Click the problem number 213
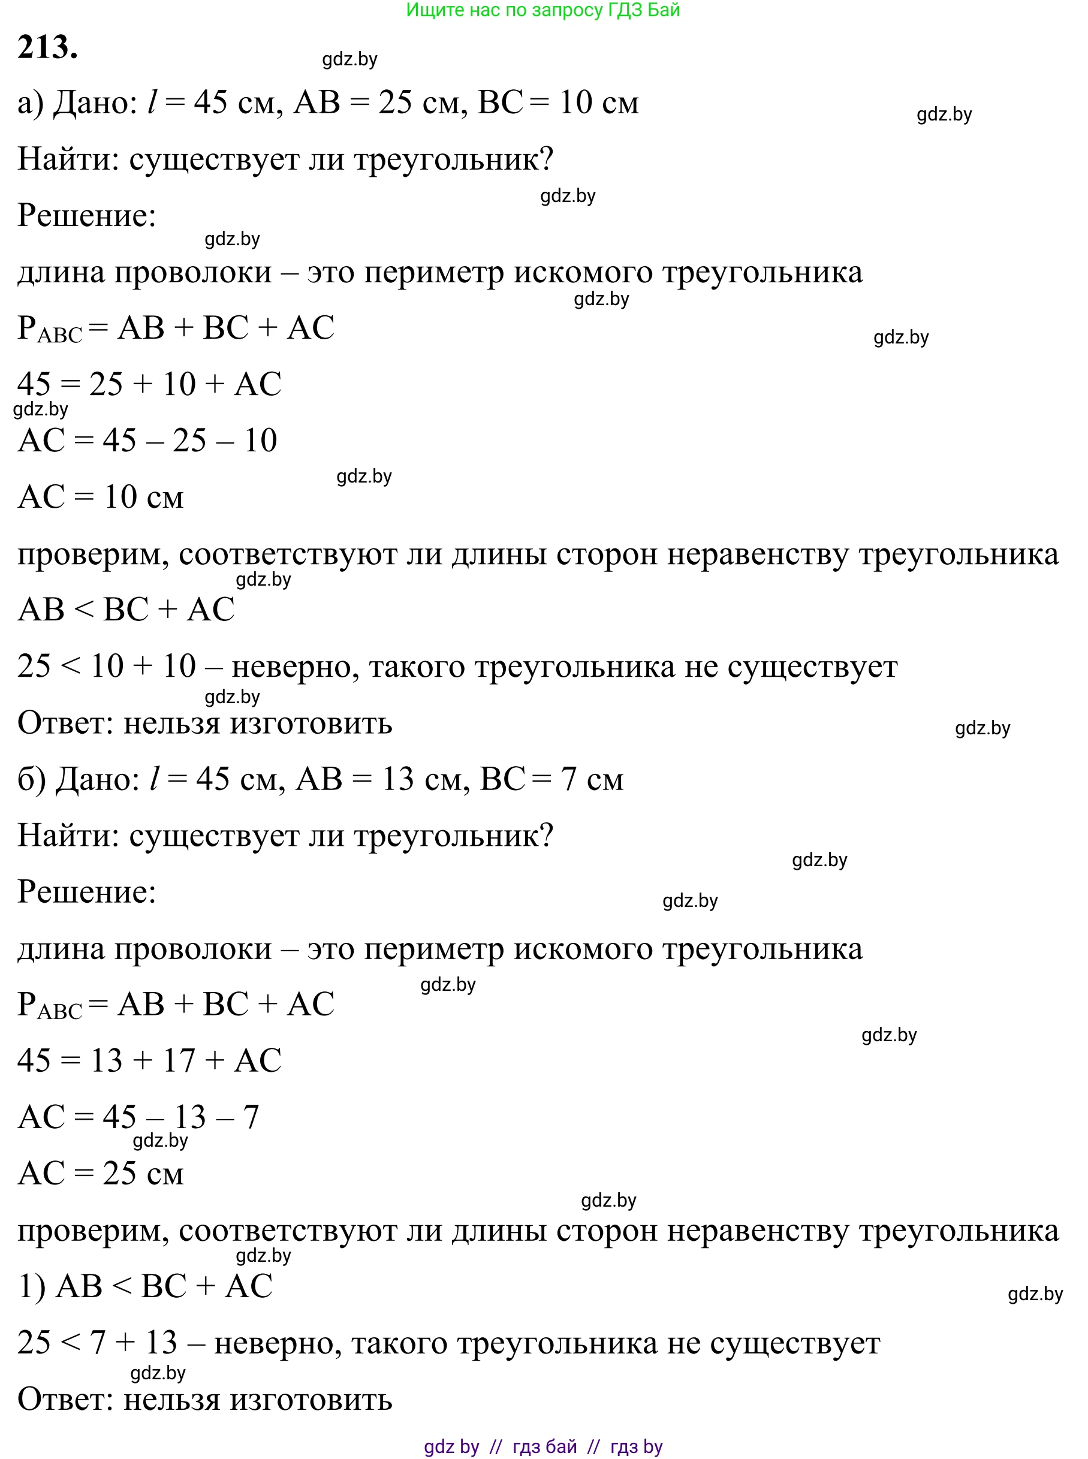[47, 47]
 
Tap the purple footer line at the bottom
[543, 1446]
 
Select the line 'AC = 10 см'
[101, 498]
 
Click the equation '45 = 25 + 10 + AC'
[149, 384]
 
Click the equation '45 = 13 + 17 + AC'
[149, 1060]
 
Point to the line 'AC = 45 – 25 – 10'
[147, 441]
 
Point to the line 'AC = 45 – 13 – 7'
[138, 1117]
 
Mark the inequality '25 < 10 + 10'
[107, 667]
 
